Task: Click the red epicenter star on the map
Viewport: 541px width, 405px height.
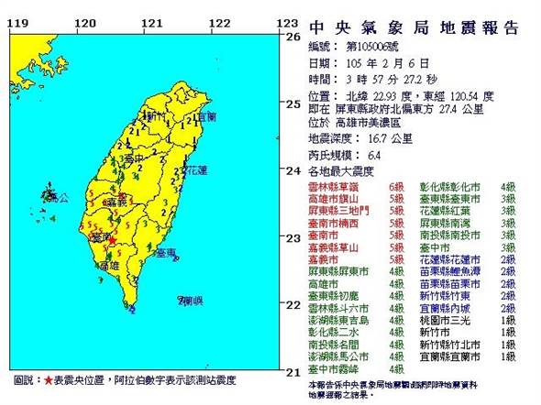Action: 112,240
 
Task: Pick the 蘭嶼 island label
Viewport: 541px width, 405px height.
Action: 190,301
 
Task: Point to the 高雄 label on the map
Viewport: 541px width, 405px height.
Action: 107,265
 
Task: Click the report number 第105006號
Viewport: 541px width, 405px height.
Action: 377,46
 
